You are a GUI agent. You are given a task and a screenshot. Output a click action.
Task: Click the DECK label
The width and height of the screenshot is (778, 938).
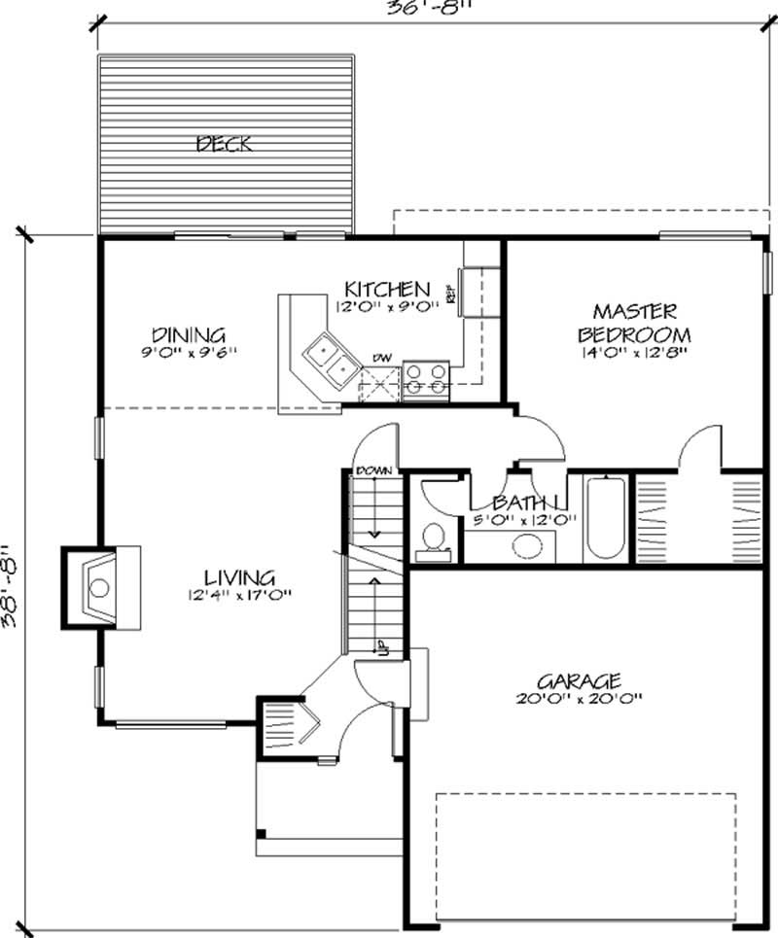click(225, 145)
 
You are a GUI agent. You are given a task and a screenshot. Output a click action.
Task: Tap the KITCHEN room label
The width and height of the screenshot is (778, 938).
click(387, 289)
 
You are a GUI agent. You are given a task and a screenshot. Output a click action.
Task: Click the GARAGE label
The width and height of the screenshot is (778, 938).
click(583, 679)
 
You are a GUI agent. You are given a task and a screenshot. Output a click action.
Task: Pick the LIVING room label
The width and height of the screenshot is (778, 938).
click(239, 577)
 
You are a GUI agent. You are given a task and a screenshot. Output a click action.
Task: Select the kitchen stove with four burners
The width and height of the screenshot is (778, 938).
click(425, 378)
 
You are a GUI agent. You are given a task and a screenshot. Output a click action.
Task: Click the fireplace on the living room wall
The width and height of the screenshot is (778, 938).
click(100, 586)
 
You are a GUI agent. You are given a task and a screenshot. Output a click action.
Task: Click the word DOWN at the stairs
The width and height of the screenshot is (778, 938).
click(373, 471)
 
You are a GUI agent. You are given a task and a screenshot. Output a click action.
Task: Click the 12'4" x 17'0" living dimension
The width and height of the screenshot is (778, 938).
click(239, 595)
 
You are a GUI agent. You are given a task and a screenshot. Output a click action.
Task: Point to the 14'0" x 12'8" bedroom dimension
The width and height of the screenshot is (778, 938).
click(634, 352)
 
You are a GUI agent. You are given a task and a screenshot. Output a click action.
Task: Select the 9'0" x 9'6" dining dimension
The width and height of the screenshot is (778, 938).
click(188, 351)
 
